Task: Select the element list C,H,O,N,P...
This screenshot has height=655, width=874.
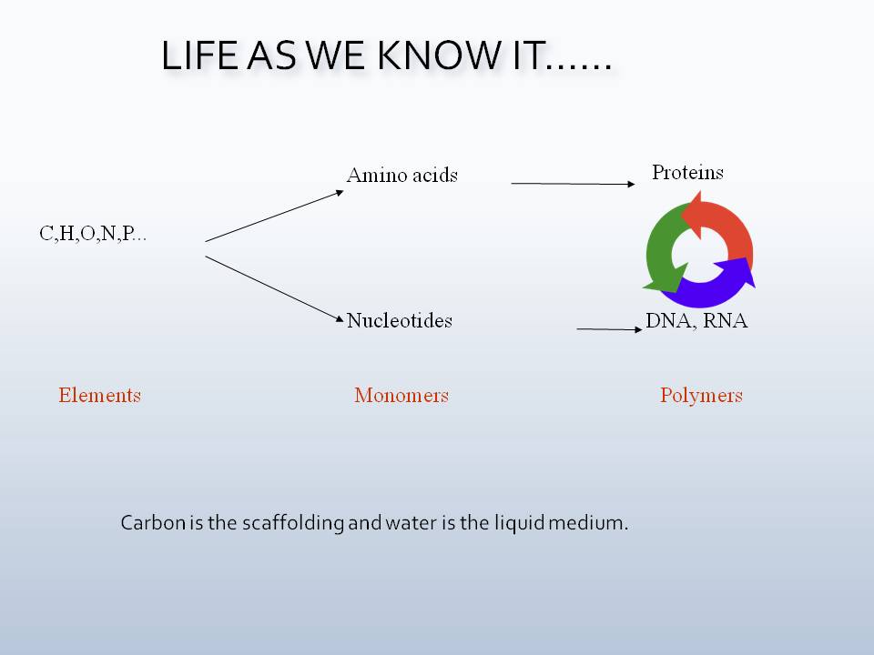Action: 93,234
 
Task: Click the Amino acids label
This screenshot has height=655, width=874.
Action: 401,175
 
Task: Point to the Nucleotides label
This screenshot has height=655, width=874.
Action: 400,320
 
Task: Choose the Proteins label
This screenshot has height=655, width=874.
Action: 687,172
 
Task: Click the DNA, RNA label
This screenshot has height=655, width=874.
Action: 696,320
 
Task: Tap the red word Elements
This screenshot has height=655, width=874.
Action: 99,395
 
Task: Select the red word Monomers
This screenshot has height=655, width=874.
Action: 401,395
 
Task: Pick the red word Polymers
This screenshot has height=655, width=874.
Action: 701,395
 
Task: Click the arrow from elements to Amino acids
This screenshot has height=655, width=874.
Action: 274,217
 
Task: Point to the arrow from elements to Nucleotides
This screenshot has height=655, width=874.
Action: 274,289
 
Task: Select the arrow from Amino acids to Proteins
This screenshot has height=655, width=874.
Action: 573,184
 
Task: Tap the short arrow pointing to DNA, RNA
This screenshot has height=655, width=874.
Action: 609,328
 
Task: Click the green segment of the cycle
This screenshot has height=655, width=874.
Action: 661,250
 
